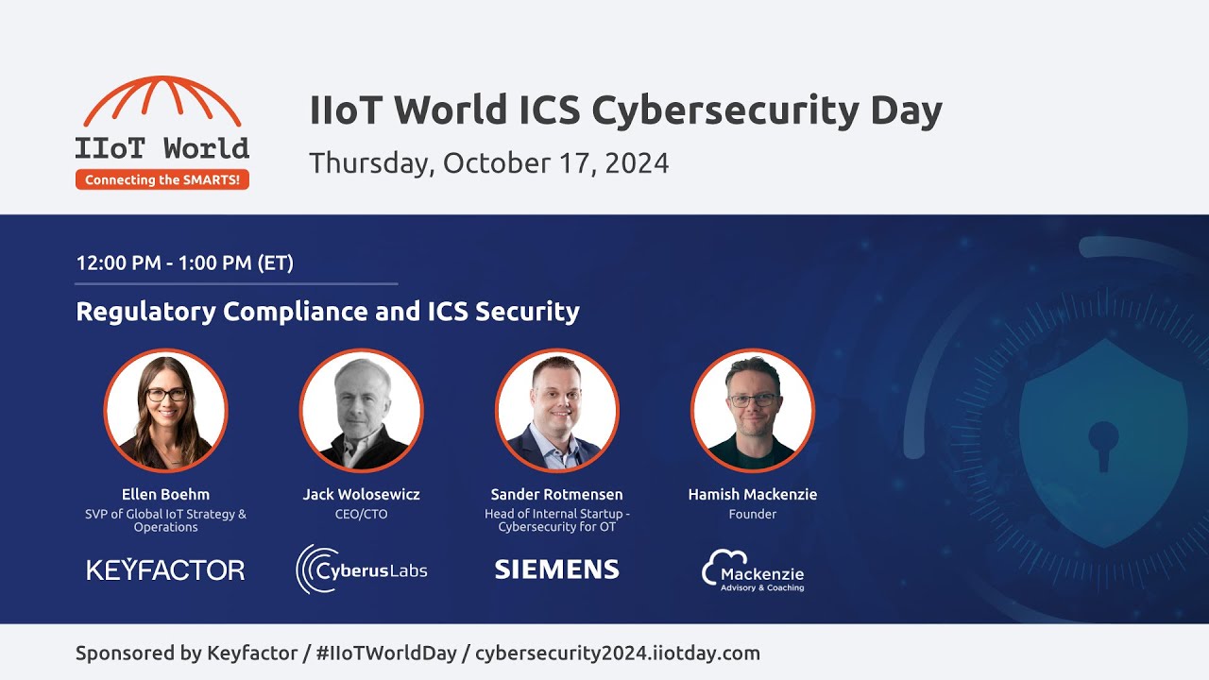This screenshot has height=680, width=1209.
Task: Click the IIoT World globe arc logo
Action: (162, 102)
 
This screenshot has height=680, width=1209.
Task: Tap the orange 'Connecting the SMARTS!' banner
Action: (162, 179)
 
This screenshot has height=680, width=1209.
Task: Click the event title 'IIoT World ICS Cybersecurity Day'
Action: (625, 110)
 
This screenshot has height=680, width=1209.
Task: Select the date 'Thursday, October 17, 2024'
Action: (488, 162)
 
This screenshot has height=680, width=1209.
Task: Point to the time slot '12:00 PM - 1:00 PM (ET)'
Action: (184, 263)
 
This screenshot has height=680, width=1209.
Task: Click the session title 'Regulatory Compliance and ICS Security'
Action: (327, 311)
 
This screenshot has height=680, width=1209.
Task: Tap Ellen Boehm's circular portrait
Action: (165, 411)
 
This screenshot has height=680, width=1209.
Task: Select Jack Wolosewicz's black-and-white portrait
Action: (361, 411)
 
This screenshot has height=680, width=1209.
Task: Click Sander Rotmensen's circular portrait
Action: (556, 411)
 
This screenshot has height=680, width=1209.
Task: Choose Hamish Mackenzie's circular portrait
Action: (753, 411)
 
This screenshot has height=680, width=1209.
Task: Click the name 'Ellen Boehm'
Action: (165, 494)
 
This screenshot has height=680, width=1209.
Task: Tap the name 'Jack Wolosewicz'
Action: (361, 494)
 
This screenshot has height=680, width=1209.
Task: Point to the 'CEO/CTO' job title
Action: (361, 515)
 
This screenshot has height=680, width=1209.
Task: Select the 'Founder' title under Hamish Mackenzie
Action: (753, 515)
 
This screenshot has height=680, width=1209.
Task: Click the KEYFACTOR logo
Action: (165, 569)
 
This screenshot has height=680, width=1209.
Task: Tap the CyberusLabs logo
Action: (361, 569)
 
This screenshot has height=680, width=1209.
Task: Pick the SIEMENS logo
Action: (556, 569)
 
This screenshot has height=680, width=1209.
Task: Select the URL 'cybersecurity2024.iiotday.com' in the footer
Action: (617, 653)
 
